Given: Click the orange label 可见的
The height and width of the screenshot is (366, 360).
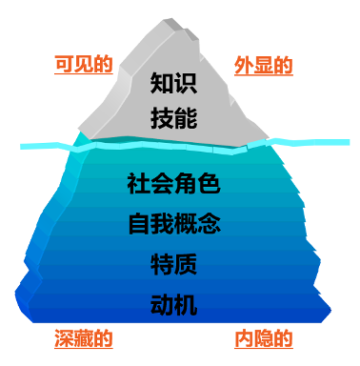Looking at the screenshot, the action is pos(84,65).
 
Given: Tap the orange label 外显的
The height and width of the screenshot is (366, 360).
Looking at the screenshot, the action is pos(263,66).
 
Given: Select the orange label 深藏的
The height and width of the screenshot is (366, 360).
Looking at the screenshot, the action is pos(84,338).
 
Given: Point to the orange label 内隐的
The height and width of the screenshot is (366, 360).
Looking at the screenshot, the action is pos(263,338).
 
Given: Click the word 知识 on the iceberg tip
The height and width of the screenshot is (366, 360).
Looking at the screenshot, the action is pos(173,84).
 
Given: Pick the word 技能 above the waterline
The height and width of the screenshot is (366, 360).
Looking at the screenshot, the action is pos(173,119).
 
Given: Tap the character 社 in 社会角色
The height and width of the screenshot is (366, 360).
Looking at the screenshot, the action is pos(138,183).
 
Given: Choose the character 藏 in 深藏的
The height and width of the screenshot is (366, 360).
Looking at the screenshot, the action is pos(84,338).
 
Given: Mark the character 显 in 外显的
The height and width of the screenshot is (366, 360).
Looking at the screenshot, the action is pos(263,66).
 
